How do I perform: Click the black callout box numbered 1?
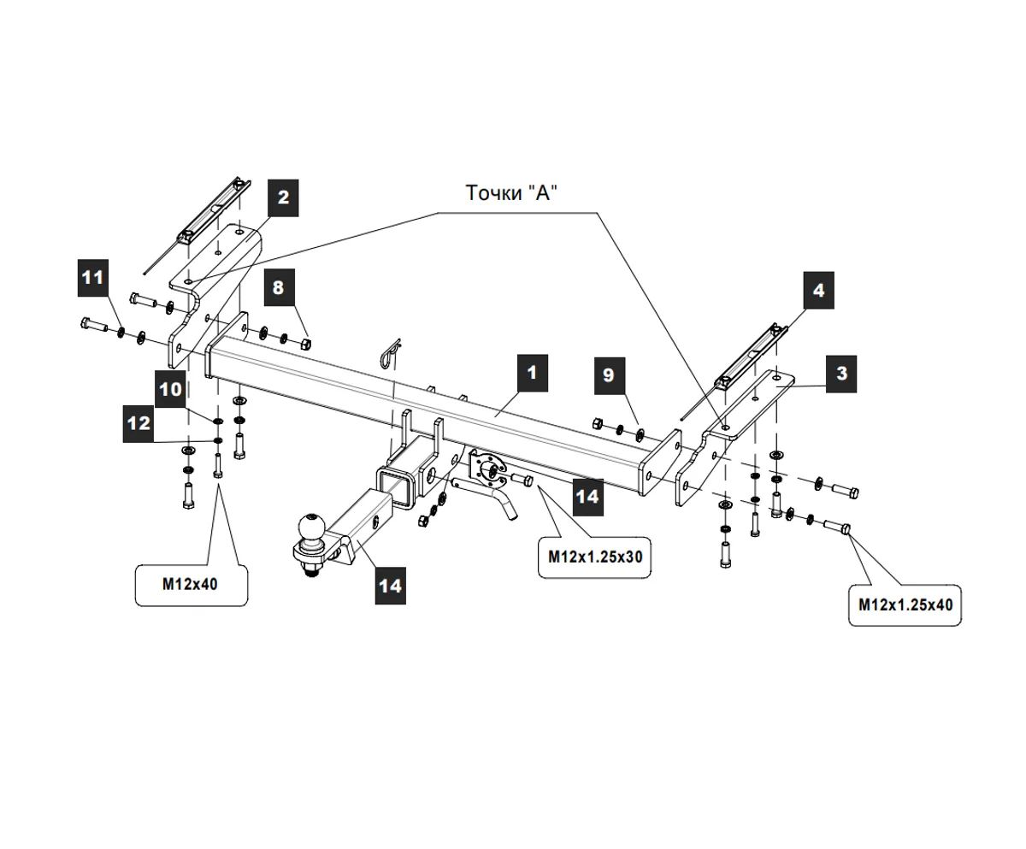[x=531, y=373]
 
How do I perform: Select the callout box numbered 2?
[x=284, y=198]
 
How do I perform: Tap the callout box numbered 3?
[x=841, y=374]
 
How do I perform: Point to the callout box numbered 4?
[x=818, y=291]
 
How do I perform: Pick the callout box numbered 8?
[x=278, y=287]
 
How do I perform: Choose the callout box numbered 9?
[x=608, y=374]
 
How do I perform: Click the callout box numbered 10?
[x=171, y=389]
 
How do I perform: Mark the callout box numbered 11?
[x=92, y=277]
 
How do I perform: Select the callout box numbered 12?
[x=139, y=422]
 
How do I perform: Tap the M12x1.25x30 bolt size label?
[x=595, y=557]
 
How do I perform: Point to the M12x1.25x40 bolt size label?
[x=905, y=604]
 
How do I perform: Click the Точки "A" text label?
[x=511, y=193]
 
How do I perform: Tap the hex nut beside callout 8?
[x=305, y=344]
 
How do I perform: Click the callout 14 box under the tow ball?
[x=390, y=586]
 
